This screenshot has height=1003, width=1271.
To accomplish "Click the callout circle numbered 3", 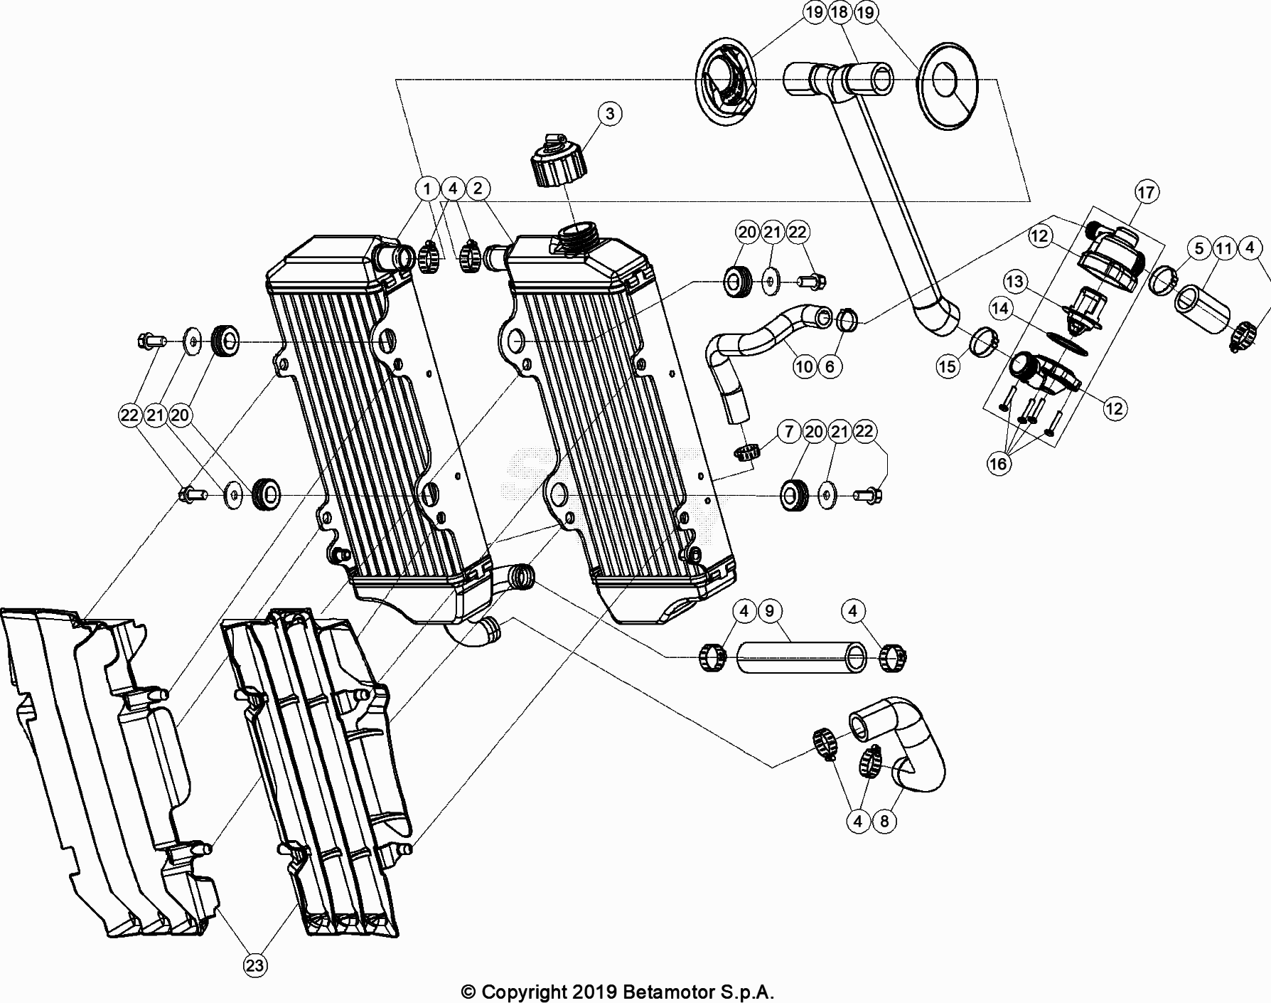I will click(x=610, y=114).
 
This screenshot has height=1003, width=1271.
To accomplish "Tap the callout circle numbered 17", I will click(x=1146, y=193).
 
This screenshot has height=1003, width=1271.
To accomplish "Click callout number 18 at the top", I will click(x=840, y=12).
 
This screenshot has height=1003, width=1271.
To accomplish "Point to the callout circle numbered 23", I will click(x=255, y=965).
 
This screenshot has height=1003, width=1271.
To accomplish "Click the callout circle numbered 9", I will click(x=770, y=610).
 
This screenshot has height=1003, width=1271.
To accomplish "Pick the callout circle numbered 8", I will click(x=884, y=822).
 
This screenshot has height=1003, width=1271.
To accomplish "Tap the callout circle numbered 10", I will click(x=804, y=366).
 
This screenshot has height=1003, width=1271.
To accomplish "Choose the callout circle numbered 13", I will click(x=1014, y=282).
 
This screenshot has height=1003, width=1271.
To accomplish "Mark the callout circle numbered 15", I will click(x=948, y=366).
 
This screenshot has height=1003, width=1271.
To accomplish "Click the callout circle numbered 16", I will click(x=998, y=464).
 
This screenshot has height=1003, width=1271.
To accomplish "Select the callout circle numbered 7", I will click(x=788, y=432).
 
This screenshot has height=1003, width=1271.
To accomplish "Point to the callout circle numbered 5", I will click(x=1199, y=248).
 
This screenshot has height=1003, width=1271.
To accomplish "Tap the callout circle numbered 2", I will click(x=478, y=189).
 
